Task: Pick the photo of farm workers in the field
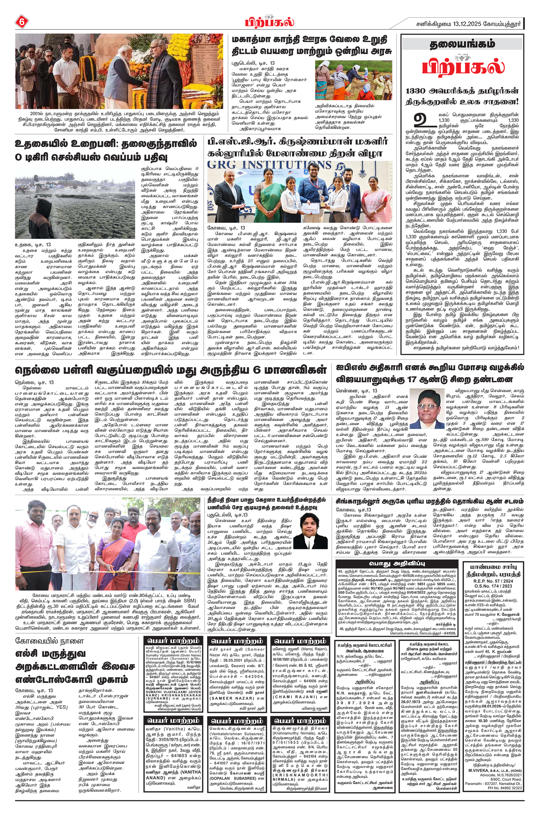pyautogui.click(x=353, y=80)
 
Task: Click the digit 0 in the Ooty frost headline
pyautogui.click(x=19, y=157)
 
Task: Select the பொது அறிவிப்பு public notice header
pyautogui.click(x=397, y=563)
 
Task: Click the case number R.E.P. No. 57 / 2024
pyautogui.click(x=493, y=581)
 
